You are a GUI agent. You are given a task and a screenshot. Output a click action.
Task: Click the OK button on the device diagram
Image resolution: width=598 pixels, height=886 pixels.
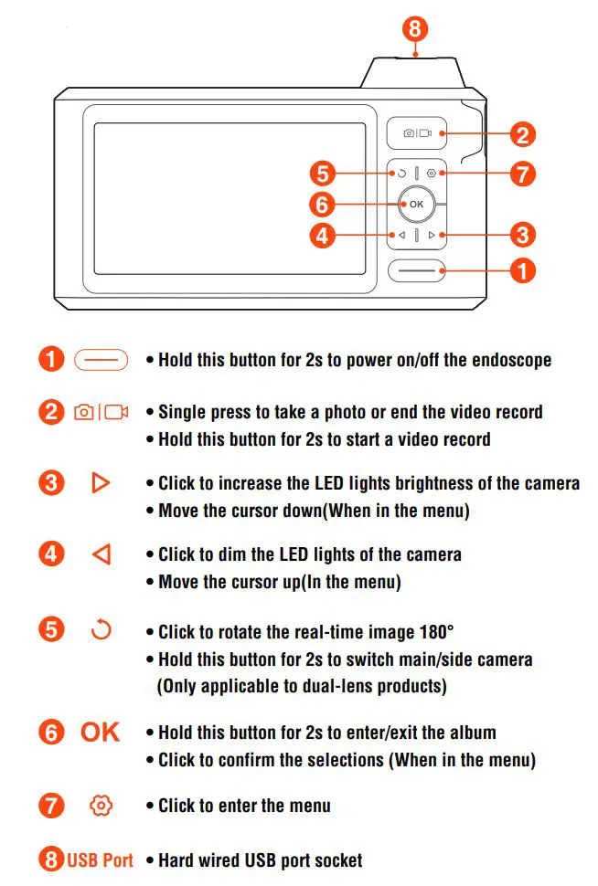tap(416, 204)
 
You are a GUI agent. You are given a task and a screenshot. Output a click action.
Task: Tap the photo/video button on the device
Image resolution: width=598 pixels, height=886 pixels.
tap(416, 133)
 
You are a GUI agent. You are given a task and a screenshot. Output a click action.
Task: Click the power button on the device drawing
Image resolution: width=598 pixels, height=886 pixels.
tap(416, 270)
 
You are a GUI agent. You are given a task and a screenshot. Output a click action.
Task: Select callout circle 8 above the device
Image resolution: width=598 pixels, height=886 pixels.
tap(415, 28)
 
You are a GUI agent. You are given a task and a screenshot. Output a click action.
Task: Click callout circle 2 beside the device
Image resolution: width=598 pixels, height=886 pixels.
tap(521, 135)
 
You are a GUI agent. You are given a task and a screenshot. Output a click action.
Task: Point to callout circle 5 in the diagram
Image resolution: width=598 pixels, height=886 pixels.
tap(322, 173)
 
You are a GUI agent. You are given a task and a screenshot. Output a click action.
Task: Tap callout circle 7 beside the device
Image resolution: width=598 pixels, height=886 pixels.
tap(521, 173)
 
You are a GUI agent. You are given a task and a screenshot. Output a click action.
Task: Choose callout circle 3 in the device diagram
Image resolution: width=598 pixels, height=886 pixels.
tap(521, 235)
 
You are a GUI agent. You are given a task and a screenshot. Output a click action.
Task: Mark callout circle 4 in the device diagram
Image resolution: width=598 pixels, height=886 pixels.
tap(322, 236)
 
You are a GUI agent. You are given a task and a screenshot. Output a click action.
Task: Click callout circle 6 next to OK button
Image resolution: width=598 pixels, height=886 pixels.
tap(322, 204)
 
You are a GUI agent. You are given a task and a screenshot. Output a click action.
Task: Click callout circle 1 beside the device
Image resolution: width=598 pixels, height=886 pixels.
tap(521, 270)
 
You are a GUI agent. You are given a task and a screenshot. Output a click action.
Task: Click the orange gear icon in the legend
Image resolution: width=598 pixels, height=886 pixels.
tap(101, 806)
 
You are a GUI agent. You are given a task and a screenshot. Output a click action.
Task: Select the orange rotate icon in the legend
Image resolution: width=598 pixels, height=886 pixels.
tap(101, 630)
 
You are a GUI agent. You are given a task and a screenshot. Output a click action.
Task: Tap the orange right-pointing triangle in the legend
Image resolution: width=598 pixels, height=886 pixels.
tap(101, 481)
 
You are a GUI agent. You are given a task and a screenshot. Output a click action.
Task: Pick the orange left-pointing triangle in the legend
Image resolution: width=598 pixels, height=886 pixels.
tap(101, 554)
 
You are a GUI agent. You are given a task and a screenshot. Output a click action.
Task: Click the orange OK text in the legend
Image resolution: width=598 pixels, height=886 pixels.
tap(101, 733)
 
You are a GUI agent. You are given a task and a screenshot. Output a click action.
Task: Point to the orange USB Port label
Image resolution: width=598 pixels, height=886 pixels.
tap(101, 860)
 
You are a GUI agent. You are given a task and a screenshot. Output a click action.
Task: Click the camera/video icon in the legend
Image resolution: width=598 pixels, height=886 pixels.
tap(101, 412)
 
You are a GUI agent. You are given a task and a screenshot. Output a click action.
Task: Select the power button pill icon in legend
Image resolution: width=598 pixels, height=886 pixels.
tap(101, 360)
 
